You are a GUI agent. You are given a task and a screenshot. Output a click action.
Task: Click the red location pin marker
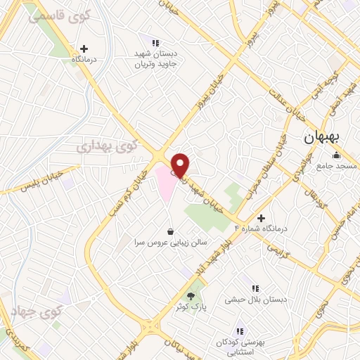181,165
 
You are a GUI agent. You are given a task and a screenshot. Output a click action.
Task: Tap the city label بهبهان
322,138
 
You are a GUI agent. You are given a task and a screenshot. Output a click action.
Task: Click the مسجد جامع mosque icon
337,155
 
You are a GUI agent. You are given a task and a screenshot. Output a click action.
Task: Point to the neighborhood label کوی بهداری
108,146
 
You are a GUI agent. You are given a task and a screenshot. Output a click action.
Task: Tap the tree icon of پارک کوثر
191,296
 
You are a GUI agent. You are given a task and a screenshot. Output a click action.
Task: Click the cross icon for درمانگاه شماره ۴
262,219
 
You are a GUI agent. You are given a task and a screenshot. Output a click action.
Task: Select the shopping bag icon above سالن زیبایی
170,231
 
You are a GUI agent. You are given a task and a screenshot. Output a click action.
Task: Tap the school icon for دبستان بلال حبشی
255,288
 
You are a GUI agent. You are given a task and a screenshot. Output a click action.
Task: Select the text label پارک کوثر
191,307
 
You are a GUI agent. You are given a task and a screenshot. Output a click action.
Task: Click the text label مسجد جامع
337,166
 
